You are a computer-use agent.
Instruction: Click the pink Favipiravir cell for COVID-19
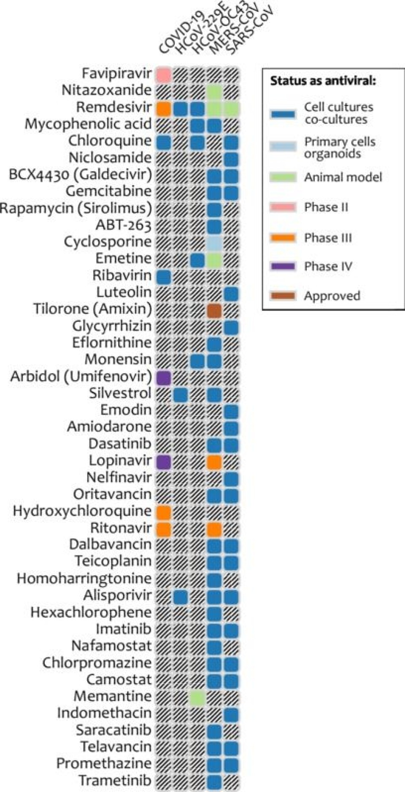tap(164, 74)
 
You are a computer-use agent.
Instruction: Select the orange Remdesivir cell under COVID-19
tap(164, 108)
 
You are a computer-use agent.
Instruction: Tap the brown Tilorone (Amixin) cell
tap(214, 310)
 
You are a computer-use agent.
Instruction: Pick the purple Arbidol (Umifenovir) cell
tap(164, 377)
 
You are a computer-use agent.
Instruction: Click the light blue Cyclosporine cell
tap(214, 242)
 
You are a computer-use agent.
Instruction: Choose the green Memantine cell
tap(197, 698)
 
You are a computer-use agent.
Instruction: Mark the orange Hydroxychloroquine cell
tap(164, 512)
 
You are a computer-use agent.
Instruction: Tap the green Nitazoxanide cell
tap(214, 91)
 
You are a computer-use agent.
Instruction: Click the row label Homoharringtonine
tap(84, 578)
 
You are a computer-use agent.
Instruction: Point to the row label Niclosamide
tap(110, 158)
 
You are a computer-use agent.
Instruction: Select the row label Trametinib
tap(115, 781)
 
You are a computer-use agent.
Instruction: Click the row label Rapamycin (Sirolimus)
tap(76, 208)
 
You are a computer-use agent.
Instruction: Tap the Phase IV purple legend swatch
tap(283, 267)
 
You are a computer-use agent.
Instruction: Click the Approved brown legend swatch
tap(283, 296)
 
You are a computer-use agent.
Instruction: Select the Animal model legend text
tap(343, 177)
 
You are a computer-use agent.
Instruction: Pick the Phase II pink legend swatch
tap(283, 207)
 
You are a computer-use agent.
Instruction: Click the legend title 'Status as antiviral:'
tap(323, 81)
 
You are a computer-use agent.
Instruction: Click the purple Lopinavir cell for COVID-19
tap(164, 462)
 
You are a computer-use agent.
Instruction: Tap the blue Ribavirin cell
tap(164, 277)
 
